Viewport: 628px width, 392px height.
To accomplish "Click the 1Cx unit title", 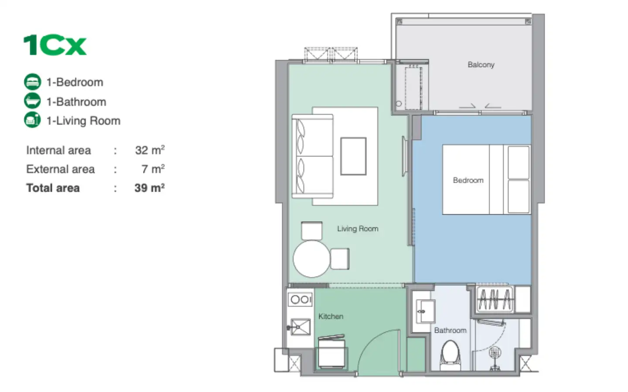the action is pos(55,45).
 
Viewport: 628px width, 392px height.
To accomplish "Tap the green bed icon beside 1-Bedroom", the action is pos(33,82).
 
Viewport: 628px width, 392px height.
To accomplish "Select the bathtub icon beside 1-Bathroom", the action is pos(33,101).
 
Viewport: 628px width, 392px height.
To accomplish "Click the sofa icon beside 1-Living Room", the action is pos(33,120).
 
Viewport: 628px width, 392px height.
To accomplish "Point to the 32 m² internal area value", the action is pos(150,150).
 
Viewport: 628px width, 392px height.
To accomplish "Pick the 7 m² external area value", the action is pos(153,169).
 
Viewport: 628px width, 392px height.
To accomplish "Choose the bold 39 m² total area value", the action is pos(150,188).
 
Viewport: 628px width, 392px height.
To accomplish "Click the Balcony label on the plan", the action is pos(481,64).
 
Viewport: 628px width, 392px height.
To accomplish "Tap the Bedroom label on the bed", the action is pos(468,180).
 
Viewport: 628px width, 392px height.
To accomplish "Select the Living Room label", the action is pos(358,229).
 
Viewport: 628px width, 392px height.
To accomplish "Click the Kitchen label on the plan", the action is pos(331,316).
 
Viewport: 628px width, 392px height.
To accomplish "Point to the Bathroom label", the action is pos(450,331).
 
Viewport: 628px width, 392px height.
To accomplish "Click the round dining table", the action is pos(312,259).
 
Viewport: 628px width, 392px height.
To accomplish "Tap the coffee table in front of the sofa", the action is pos(354,156).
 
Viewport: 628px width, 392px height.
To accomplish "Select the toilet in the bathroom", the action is pos(451,355).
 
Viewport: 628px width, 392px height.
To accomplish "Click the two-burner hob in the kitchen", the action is pos(300,300).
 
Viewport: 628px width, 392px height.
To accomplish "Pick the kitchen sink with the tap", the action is pos(300,327).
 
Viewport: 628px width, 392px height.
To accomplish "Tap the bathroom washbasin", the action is pos(425,311).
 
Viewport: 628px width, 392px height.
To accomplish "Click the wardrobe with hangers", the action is pos(495,299).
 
